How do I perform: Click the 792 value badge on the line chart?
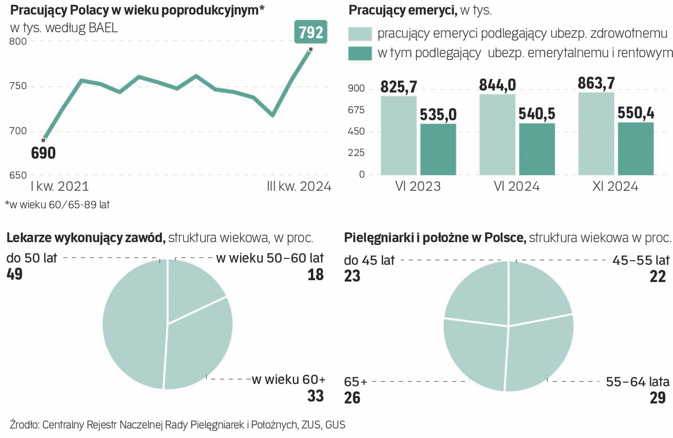tap(310, 32)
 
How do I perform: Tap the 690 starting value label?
tap(43, 153)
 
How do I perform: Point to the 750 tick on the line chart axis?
tap(18, 86)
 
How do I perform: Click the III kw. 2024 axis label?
tap(299, 186)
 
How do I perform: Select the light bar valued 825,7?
tap(398, 135)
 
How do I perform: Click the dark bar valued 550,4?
tap(635, 148)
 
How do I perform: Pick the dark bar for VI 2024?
tap(537, 149)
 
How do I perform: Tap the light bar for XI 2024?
tap(596, 134)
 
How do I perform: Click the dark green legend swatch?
tap(360, 54)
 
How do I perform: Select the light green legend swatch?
tap(360, 34)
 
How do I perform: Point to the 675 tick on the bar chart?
tap(356, 110)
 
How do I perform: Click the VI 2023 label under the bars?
tap(418, 186)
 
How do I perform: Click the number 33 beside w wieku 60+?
tap(315, 396)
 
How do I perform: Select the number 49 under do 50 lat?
tap(15, 274)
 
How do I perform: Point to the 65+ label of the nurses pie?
tap(355, 382)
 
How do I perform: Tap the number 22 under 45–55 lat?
tap(657, 277)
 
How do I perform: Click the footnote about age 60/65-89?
tap(57, 205)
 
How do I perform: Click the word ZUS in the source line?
tap(311, 425)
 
